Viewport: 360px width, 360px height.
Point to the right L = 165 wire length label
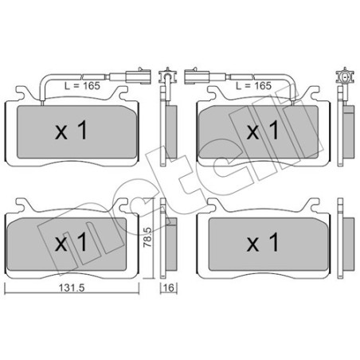click(x=254, y=84)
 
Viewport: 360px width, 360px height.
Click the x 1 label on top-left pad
click(x=71, y=131)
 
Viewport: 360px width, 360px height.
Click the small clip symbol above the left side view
click(x=167, y=78)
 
